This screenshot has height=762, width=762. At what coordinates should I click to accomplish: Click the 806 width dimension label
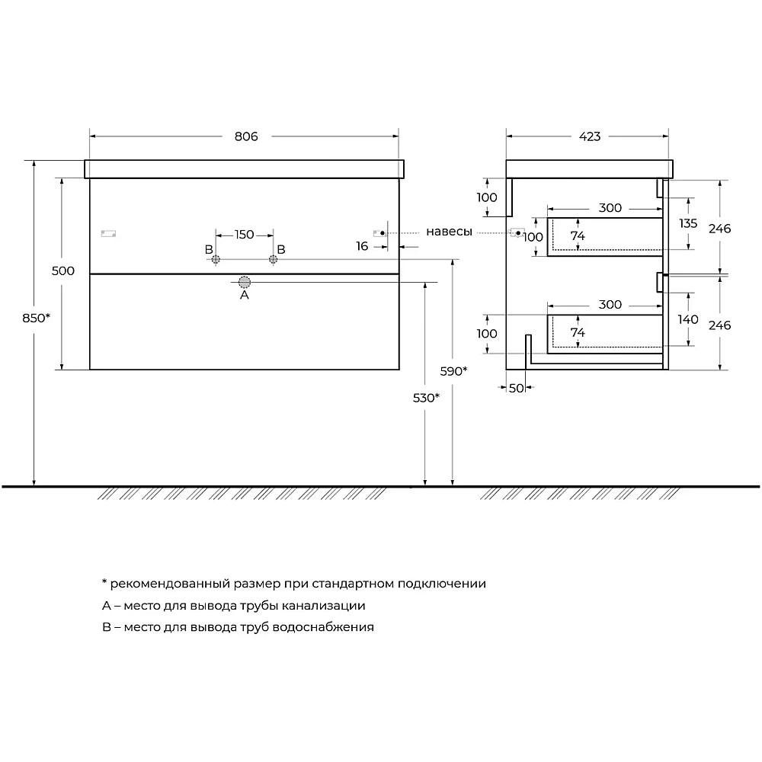246,136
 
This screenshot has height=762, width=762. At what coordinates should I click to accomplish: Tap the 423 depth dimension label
590,136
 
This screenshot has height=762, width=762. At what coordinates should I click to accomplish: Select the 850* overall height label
37,318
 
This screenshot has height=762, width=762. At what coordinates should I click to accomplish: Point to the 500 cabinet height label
63,271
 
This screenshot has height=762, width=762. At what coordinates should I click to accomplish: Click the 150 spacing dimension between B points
244,235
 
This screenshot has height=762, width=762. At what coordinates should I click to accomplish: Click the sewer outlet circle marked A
245,282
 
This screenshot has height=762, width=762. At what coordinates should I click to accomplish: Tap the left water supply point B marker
216,260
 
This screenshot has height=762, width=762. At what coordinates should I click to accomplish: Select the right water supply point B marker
273,260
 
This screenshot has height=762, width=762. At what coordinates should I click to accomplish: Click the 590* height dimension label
453,371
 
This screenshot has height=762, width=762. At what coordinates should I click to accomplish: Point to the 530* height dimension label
426,398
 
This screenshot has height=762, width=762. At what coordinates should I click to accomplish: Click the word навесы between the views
449,232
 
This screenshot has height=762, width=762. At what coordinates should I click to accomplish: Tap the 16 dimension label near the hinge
362,246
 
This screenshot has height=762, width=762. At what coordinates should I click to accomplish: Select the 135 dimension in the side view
688,223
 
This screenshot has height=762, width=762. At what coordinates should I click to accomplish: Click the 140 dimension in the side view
688,319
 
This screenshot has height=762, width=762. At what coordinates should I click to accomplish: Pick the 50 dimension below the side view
516,389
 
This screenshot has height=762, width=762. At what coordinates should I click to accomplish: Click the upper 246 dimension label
720,229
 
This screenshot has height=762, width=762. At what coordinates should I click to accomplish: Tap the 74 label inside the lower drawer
578,332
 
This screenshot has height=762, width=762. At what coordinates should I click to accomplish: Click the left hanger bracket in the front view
108,234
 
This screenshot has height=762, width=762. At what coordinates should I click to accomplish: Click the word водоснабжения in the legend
323,627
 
